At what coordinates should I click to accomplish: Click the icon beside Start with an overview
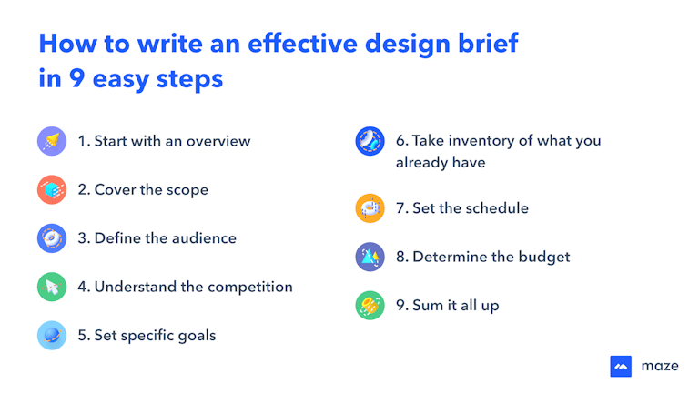(x=52, y=141)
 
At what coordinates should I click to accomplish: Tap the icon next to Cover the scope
(x=52, y=189)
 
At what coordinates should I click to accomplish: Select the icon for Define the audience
(x=52, y=238)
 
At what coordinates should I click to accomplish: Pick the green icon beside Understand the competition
(x=52, y=287)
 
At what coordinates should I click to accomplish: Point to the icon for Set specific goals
(x=52, y=335)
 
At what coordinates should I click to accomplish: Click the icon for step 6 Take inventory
(x=369, y=142)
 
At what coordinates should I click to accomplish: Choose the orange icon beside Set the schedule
(x=369, y=208)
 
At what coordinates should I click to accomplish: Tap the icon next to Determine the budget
(x=369, y=257)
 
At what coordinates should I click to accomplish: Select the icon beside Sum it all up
(x=369, y=305)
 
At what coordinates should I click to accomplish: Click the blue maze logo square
(x=621, y=366)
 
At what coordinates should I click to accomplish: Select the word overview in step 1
(x=218, y=141)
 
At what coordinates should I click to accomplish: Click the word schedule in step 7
(x=497, y=208)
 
